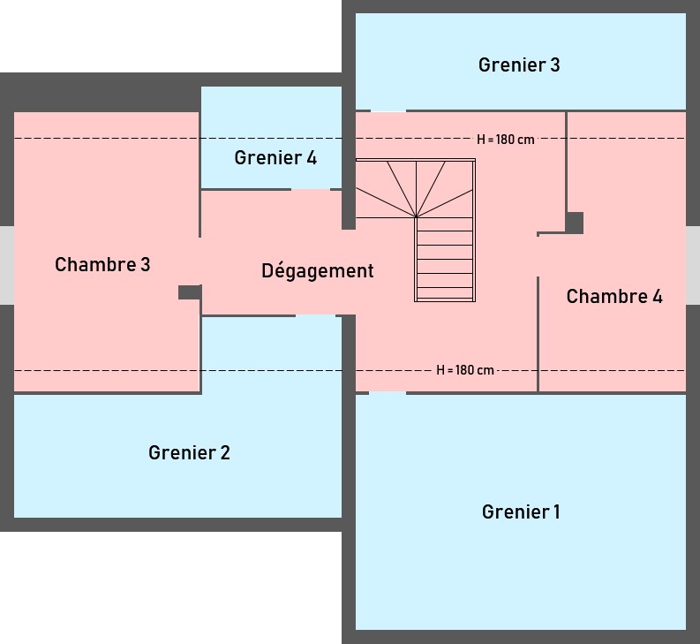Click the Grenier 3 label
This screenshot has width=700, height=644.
[519, 64]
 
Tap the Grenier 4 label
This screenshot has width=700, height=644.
[275, 158]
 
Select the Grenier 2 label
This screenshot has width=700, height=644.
[189, 453]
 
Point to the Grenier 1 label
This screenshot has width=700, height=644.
[521, 512]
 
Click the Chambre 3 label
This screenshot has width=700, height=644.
[102, 264]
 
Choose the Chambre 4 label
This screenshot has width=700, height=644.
[614, 297]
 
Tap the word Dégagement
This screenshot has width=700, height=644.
[318, 271]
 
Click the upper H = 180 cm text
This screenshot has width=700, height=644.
[506, 140]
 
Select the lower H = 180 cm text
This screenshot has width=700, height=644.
[465, 370]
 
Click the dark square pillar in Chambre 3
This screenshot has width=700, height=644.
[189, 292]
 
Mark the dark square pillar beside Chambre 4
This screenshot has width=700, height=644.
[575, 223]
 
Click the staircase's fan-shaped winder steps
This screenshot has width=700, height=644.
[415, 188]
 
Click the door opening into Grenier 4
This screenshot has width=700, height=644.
[311, 189]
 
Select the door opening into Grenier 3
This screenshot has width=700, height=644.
[388, 111]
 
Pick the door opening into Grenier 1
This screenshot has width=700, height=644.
[388, 393]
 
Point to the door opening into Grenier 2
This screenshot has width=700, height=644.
[315, 314]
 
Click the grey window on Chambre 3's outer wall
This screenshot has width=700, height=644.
[6, 265]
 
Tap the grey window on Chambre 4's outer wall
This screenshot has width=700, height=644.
[693, 265]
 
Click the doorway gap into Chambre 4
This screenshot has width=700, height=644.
[538, 256]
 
